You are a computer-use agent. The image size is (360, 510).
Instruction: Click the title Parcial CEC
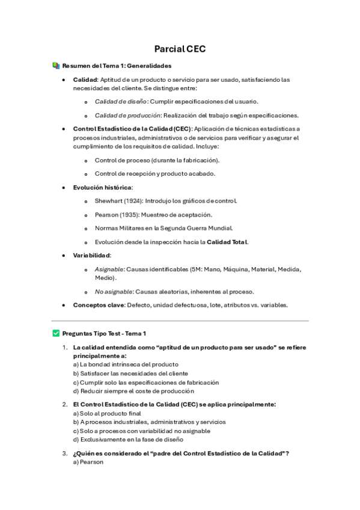point(180,49)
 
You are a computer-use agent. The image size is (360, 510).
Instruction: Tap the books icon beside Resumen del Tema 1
point(56,66)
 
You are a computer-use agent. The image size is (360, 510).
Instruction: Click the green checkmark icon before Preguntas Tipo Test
point(56,333)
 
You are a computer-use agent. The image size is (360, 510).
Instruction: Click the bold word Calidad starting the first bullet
point(85,79)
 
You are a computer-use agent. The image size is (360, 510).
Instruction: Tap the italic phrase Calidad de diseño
point(120,102)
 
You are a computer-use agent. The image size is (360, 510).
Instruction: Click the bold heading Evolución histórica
point(102,187)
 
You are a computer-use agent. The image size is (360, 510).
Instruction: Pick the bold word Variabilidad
point(92,256)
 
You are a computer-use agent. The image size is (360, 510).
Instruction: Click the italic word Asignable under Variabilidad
point(108,269)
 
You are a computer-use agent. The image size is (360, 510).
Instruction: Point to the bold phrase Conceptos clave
point(99,305)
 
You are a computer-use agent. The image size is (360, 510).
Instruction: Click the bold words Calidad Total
point(227,242)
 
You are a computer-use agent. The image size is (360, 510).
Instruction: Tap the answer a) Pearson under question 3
point(88,462)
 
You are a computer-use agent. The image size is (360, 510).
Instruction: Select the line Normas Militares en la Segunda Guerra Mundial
point(163,228)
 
